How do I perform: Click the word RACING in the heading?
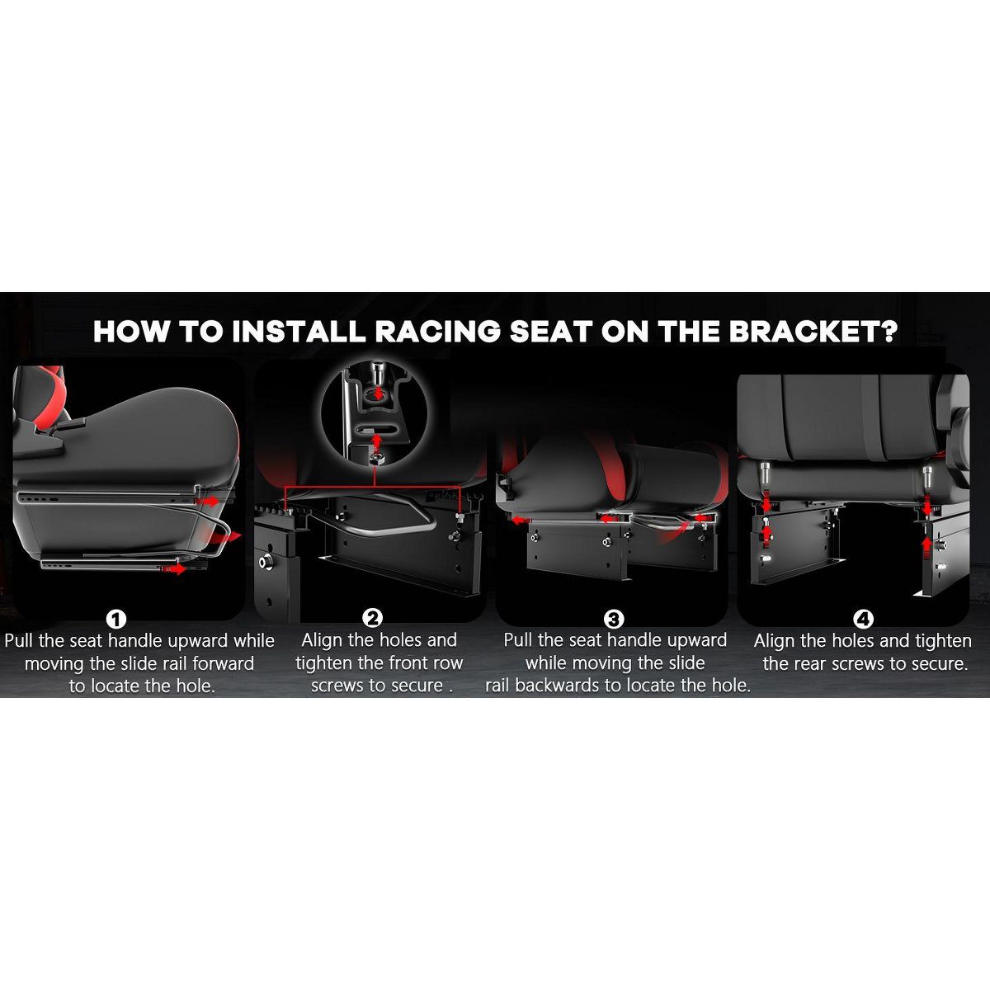click(x=437, y=332)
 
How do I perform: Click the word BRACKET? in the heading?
click(x=813, y=332)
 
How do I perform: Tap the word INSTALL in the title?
click(x=299, y=332)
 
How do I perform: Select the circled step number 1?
click(x=116, y=619)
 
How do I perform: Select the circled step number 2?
click(x=372, y=618)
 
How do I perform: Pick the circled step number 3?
click(x=614, y=619)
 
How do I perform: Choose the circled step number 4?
click(x=863, y=619)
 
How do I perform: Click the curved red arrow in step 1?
click(x=224, y=537)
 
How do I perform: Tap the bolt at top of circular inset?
click(x=379, y=371)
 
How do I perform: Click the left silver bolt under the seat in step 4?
click(x=765, y=472)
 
